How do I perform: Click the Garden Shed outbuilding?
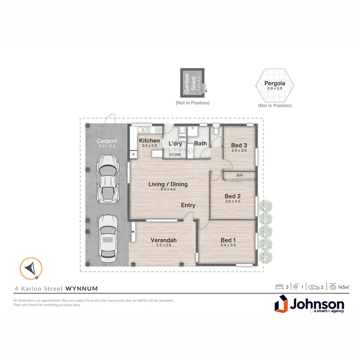coord(192,83)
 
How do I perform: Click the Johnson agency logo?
coord(309,305)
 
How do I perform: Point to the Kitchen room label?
coord(149,141)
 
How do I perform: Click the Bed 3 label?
coord(239,145)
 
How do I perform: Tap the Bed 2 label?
coord(232,196)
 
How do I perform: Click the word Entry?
coord(188,205)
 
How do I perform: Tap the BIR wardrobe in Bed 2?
coord(239,176)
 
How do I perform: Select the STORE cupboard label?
coord(175,155)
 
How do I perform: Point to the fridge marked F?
coord(133,155)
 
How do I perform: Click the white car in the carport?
coord(108,179)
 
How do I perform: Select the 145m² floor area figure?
coord(343,287)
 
